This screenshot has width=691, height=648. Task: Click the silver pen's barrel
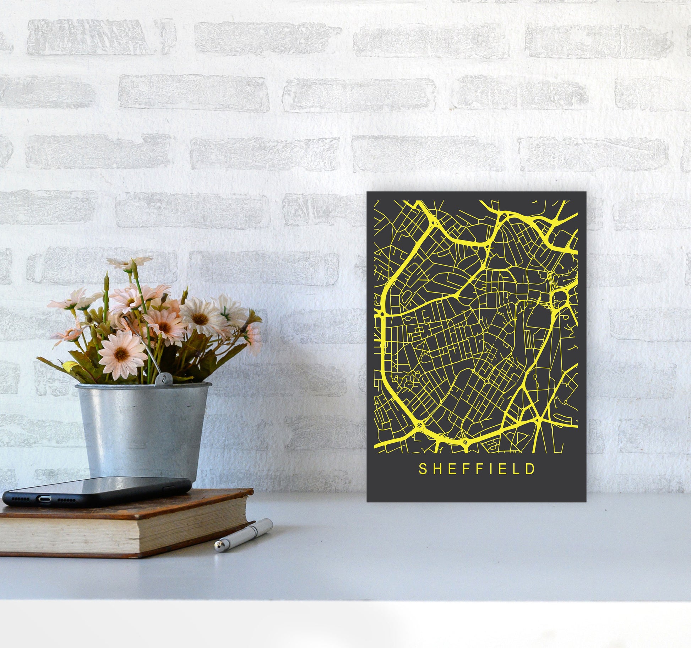[249, 532]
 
